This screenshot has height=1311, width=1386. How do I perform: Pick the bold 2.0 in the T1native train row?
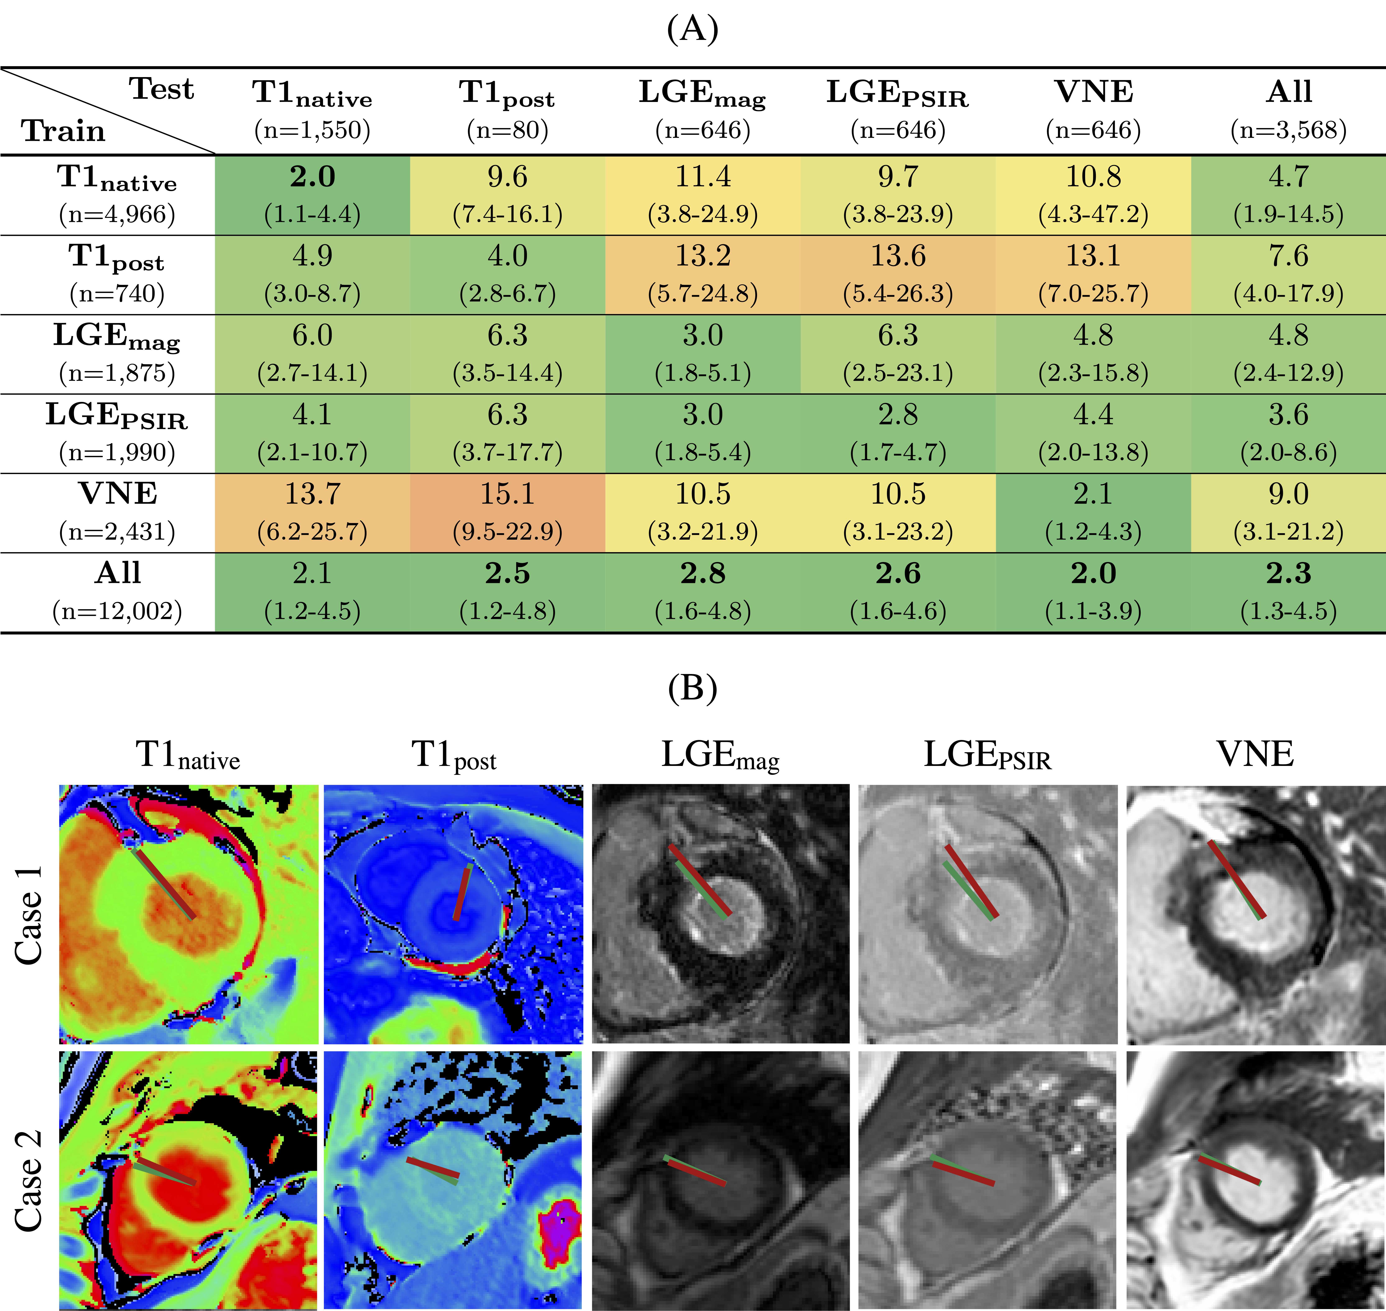coord(312,177)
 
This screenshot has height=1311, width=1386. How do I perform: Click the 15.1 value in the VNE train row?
coord(507,494)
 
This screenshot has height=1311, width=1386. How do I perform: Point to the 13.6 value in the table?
coord(898,256)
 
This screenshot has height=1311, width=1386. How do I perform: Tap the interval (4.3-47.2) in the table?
coord(1093,214)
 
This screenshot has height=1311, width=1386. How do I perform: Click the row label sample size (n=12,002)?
coord(117,612)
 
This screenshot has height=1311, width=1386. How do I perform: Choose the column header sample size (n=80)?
coord(507,130)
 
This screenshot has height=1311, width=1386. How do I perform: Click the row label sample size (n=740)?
coord(117,294)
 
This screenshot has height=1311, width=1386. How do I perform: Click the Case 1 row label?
coord(29,916)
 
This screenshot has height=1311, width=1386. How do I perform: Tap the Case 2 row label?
coord(29,1181)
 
